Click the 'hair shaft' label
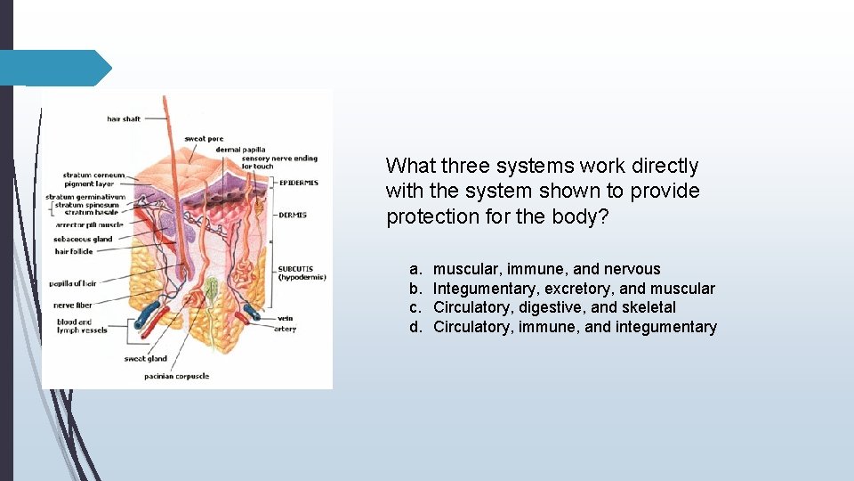click(x=124, y=118)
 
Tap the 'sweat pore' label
click(x=204, y=139)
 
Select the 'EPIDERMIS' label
click(x=299, y=183)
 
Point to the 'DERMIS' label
click(x=293, y=214)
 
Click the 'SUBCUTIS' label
click(x=295, y=268)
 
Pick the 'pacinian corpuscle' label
click(x=177, y=376)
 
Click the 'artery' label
click(x=286, y=329)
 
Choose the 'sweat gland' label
click(x=146, y=359)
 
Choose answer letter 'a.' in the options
click(x=415, y=269)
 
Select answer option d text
click(x=575, y=327)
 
